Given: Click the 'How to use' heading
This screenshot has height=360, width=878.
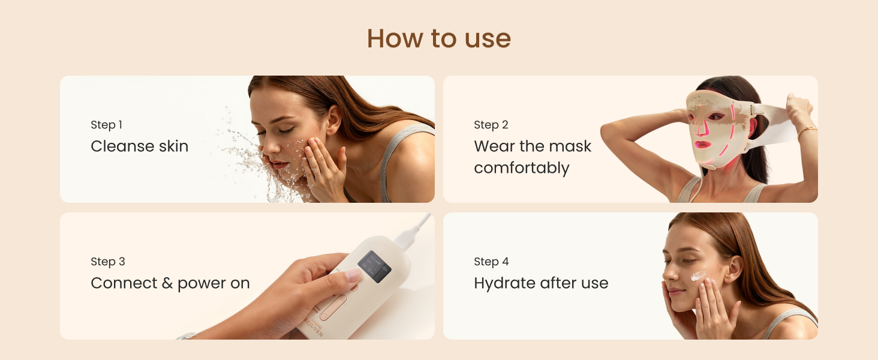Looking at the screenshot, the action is (x=438, y=38).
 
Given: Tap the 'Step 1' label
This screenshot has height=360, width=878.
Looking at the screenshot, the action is (x=107, y=125).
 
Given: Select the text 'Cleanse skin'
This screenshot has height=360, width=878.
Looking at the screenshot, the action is (x=140, y=146).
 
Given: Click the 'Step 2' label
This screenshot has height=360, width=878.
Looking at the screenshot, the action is (x=491, y=125).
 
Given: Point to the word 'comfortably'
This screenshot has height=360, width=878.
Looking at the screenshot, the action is (x=521, y=168).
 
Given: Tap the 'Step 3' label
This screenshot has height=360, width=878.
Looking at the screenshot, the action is (x=108, y=262).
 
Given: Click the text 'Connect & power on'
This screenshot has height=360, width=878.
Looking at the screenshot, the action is (x=170, y=283).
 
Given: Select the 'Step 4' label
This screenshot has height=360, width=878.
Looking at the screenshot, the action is (x=491, y=262).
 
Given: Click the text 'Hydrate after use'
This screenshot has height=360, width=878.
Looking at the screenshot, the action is (x=541, y=283).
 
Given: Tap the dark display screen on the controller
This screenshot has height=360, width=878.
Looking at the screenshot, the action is (x=374, y=266).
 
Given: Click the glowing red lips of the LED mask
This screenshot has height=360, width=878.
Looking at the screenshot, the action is (x=702, y=145).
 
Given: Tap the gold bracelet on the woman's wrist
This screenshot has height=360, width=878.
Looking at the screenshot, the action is (x=807, y=131).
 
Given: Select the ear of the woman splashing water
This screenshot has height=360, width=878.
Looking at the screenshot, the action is (x=334, y=119).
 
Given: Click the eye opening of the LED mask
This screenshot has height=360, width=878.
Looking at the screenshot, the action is (x=715, y=116).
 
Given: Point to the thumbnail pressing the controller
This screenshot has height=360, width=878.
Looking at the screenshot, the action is (x=354, y=275).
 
